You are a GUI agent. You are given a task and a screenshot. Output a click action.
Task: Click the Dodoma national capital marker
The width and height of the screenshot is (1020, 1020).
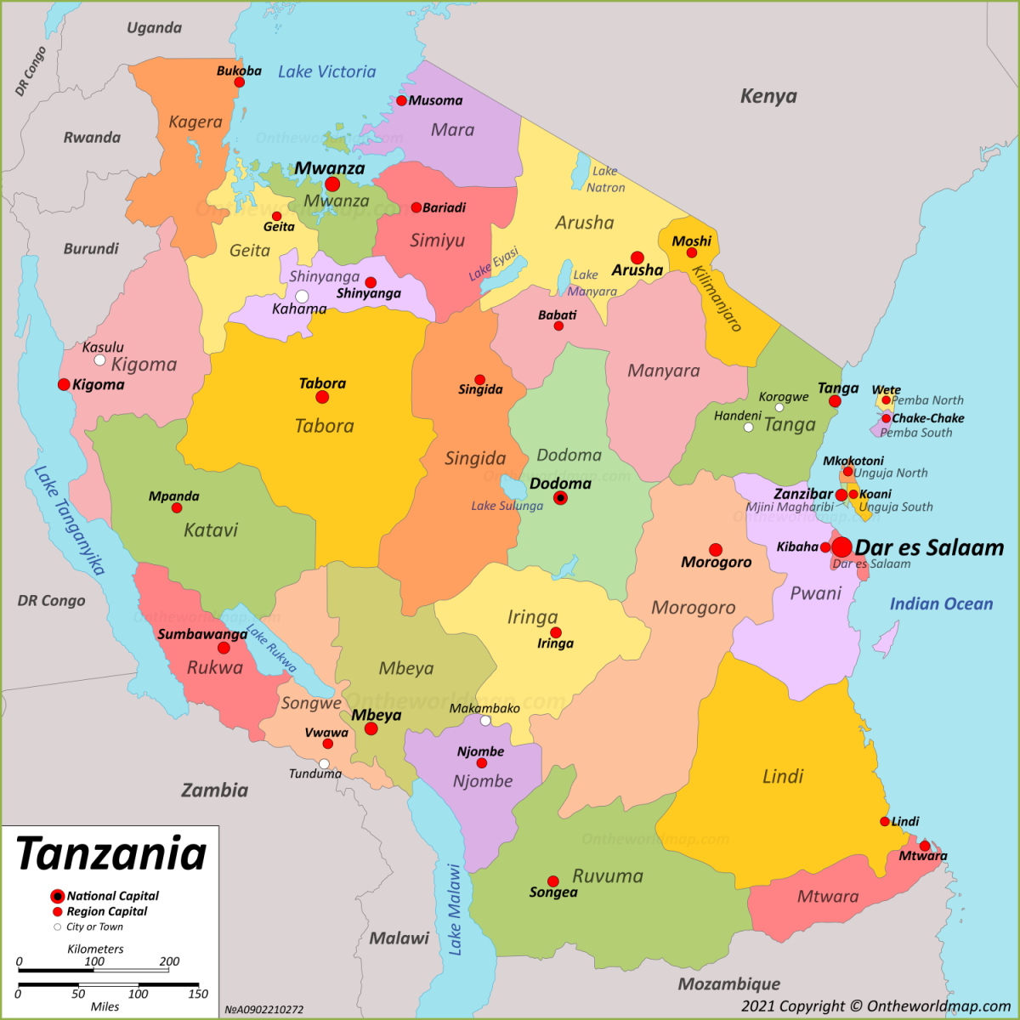[x=560, y=498]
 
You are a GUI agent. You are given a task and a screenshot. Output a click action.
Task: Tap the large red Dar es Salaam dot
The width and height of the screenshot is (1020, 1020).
[x=841, y=547]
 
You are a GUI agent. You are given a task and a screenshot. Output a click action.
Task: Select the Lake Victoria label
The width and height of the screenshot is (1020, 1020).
[x=326, y=72]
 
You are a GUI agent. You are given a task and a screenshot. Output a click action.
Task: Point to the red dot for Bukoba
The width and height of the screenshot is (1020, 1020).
[x=239, y=82]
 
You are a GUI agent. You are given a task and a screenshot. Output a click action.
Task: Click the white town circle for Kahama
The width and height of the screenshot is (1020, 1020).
[x=302, y=297]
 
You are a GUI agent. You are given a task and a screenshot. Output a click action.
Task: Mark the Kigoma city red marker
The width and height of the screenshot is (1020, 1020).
[x=64, y=384]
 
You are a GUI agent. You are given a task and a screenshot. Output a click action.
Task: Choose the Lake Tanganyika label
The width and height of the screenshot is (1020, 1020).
[x=69, y=520]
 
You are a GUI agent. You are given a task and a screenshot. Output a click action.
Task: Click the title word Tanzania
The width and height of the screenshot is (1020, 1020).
[x=111, y=854]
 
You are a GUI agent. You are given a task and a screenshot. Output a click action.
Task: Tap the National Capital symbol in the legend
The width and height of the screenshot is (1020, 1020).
[x=57, y=896]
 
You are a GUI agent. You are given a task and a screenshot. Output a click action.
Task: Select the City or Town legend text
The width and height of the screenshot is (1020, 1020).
[x=94, y=927]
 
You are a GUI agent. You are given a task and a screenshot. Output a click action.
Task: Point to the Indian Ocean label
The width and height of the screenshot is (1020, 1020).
[x=941, y=604]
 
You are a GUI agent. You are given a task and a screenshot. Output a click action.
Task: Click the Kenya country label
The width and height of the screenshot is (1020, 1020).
[x=768, y=96]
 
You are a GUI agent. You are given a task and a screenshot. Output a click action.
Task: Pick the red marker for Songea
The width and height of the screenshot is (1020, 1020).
[x=552, y=881]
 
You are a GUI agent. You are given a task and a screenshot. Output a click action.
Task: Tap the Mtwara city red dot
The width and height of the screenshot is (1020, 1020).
[x=925, y=846]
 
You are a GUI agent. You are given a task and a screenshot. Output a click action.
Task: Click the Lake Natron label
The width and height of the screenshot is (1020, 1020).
[x=605, y=179]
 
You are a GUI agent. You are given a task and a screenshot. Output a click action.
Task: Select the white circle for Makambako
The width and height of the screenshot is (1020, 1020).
[x=485, y=721]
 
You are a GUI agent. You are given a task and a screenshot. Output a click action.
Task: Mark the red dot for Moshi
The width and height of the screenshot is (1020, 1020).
[x=692, y=252]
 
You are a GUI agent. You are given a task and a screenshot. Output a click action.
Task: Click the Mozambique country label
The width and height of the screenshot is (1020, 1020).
[x=728, y=984]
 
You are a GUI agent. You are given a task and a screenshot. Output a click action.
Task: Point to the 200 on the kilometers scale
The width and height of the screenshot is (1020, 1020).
[x=169, y=961]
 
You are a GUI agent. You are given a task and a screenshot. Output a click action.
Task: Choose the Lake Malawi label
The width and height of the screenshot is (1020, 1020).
[x=455, y=909]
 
